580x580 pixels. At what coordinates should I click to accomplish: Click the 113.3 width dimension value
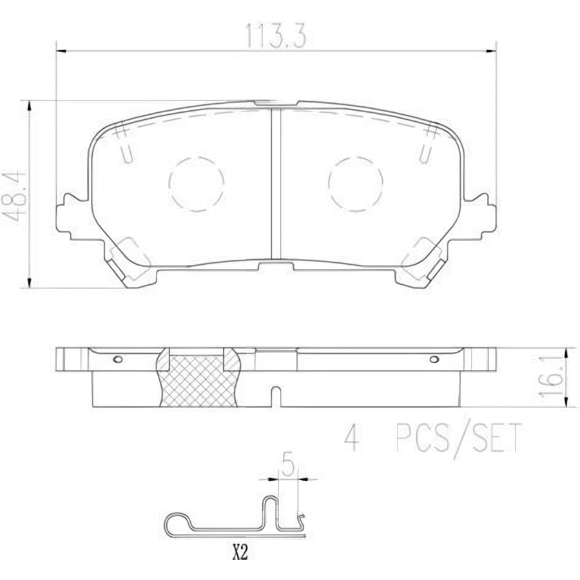[x=276, y=36]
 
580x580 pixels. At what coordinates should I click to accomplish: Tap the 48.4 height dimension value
[x=15, y=197]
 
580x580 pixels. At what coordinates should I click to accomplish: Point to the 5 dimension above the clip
[x=288, y=464]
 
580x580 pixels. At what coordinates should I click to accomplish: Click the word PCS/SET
[x=459, y=438]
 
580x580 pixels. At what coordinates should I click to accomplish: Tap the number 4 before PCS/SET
[x=351, y=438]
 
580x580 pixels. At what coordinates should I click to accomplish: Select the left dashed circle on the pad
[x=197, y=184]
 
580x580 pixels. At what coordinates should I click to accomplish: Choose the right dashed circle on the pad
[x=355, y=184]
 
